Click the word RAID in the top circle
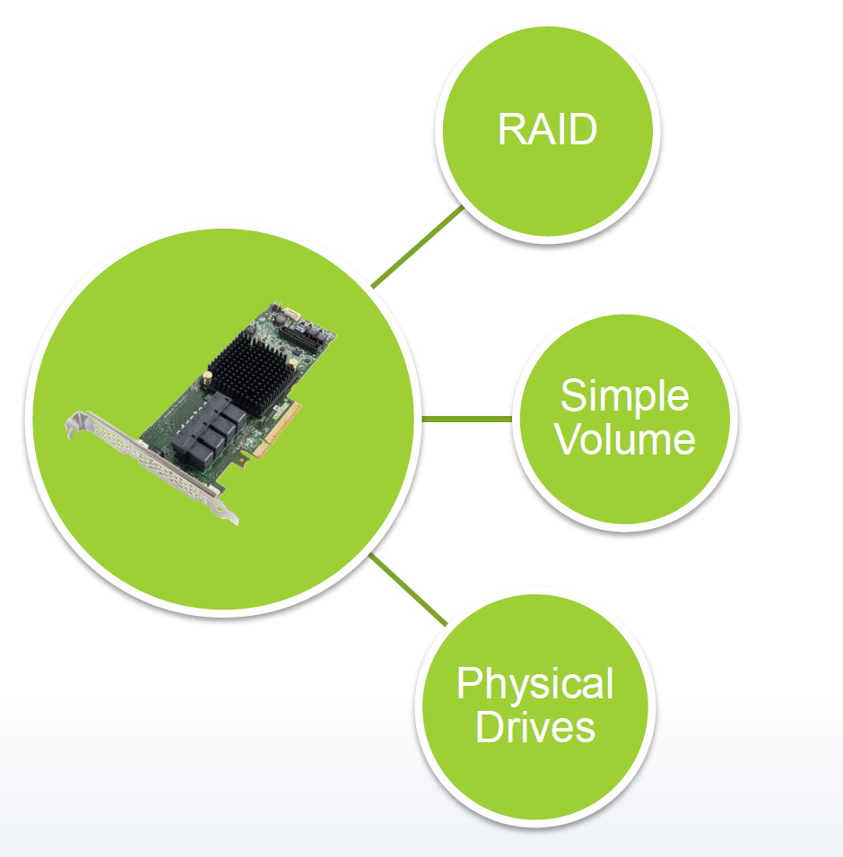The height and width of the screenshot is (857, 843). [x=547, y=131]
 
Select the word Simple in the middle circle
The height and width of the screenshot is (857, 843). [x=624, y=396]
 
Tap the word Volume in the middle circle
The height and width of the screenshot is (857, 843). [x=624, y=439]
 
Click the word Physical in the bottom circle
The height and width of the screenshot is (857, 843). [x=534, y=686]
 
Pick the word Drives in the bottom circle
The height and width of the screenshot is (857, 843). [x=534, y=727]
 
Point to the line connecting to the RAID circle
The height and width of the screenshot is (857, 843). [x=417, y=247]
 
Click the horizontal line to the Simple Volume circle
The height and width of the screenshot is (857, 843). [x=466, y=419]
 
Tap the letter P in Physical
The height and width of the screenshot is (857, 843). [x=468, y=686]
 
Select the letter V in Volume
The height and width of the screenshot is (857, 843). [x=567, y=439]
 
